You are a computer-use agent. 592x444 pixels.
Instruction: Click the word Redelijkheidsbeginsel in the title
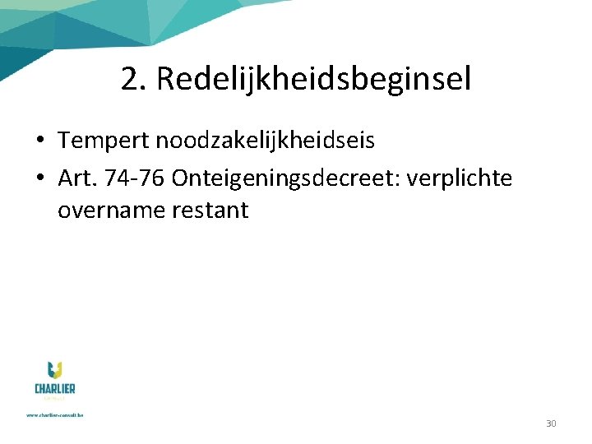[313, 80]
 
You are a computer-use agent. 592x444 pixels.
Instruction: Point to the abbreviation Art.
[76, 178]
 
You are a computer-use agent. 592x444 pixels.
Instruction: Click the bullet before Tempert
[40, 141]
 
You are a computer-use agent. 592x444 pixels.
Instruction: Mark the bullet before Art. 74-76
[40, 178]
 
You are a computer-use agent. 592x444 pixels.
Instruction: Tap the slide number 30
[551, 423]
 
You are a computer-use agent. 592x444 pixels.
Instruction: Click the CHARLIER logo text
[55, 388]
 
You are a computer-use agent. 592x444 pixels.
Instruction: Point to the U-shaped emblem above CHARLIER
[55, 371]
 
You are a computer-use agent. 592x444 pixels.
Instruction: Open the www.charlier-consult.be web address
[55, 415]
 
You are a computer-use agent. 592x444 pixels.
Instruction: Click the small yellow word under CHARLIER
[55, 398]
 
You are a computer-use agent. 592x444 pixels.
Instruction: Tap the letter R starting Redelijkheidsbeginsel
[164, 80]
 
